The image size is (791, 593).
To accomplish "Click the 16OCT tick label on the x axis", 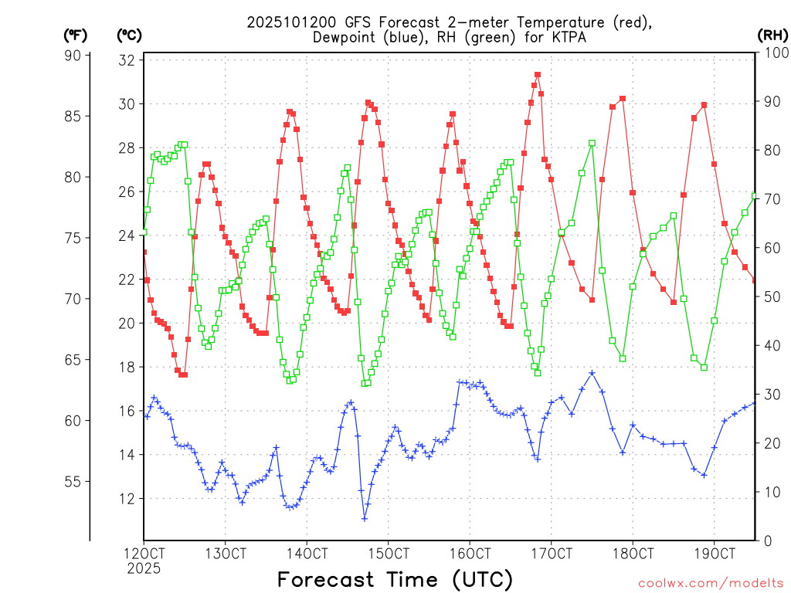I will pyautogui.click(x=470, y=554).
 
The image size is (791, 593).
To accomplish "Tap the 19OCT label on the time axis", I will pyautogui.click(x=714, y=554).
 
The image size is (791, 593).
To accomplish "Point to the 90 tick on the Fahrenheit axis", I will pyautogui.click(x=73, y=55).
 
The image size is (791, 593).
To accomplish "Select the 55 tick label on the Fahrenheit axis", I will pyautogui.click(x=73, y=481).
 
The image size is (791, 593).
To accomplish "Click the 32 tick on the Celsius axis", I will pyautogui.click(x=127, y=59).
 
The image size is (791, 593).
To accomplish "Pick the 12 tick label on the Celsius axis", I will pyautogui.click(x=127, y=498).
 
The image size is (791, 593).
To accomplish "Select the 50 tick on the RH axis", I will pyautogui.click(x=771, y=296).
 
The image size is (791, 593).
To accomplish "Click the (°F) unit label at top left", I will pyautogui.click(x=76, y=35).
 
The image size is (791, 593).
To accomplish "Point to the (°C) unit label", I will pyautogui.click(x=129, y=35).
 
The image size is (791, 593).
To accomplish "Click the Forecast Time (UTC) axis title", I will pyautogui.click(x=395, y=579).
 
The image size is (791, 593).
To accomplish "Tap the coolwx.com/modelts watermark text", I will pyautogui.click(x=710, y=583).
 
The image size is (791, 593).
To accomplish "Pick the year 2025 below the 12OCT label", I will pyautogui.click(x=144, y=568).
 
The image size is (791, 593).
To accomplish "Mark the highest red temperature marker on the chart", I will pyautogui.click(x=538, y=75).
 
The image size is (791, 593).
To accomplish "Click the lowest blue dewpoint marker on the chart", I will pyautogui.click(x=365, y=518).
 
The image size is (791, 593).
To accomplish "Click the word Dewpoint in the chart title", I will pyautogui.click(x=346, y=38).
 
